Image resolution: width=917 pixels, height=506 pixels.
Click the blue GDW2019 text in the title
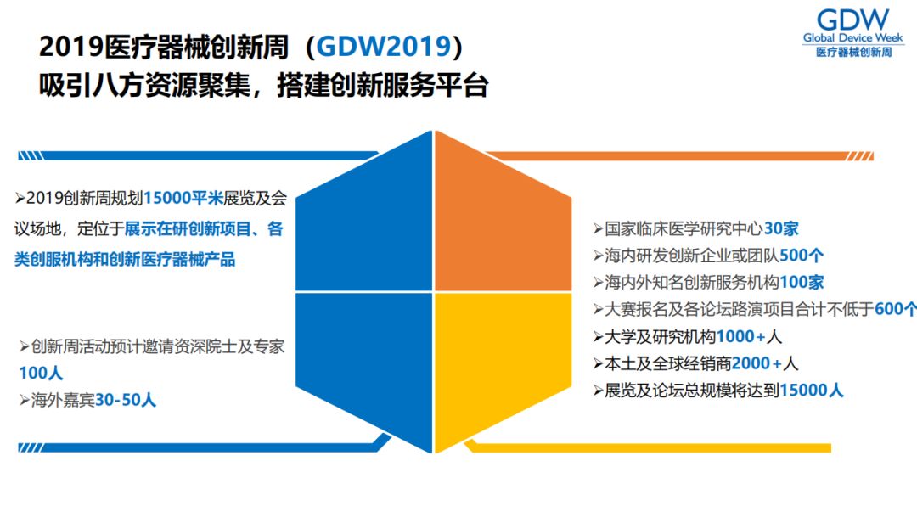[x=384, y=47]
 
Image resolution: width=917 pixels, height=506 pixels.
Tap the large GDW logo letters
[x=853, y=20]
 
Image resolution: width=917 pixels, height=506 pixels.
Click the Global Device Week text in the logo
[x=853, y=38]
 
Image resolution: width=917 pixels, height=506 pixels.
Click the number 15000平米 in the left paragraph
[x=183, y=199]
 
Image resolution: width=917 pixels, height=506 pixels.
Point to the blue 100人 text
[x=41, y=374]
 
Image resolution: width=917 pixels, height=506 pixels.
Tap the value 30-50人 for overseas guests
[x=126, y=400]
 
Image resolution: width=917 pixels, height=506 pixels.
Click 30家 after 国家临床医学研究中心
[x=781, y=228]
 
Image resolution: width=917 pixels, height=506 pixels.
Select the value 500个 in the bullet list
[x=802, y=256]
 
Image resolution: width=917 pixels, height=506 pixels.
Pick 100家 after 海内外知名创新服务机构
[x=802, y=283]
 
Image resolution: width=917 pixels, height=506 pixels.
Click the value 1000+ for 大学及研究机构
[x=741, y=337]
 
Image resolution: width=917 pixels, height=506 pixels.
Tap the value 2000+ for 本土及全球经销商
[x=757, y=364]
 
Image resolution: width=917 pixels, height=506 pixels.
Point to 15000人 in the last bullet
[x=812, y=391]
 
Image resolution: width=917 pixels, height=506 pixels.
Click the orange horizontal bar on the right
[x=679, y=156]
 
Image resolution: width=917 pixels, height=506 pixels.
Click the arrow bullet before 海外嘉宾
[x=25, y=400]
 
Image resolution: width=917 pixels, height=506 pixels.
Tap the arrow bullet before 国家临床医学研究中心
[x=599, y=228]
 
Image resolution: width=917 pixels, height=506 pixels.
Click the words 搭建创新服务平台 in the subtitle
[x=383, y=86]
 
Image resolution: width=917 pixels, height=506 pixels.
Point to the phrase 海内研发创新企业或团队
[x=692, y=256]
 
